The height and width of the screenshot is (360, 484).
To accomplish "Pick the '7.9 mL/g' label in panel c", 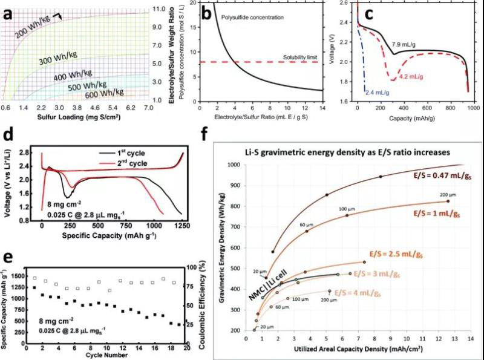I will coord(405,44).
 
